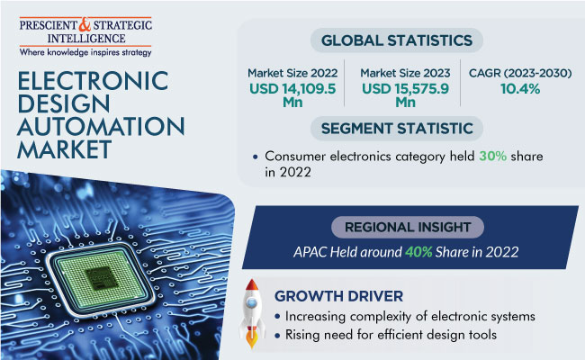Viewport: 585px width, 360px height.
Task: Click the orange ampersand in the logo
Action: pyautogui.click(x=85, y=24)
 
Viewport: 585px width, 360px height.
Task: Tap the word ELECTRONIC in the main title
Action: pyautogui.click(x=93, y=81)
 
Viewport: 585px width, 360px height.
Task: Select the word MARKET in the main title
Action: pyautogui.click(x=64, y=149)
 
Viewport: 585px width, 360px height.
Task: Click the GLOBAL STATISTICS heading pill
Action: pyautogui.click(x=397, y=40)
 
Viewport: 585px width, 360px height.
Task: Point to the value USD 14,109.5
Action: pyautogui.click(x=292, y=89)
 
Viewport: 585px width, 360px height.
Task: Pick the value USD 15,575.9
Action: pyautogui.click(x=405, y=89)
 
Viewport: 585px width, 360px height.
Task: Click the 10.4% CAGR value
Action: pyautogui.click(x=520, y=89)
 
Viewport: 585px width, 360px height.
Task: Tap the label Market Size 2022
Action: pyautogui.click(x=292, y=73)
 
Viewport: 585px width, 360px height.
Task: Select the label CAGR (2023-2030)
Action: pyautogui.click(x=520, y=73)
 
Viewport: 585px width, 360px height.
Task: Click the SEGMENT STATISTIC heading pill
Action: pyautogui.click(x=397, y=129)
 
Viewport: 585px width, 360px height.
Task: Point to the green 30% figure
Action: pyautogui.click(x=492, y=156)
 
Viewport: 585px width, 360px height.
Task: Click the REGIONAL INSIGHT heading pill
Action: pyautogui.click(x=408, y=227)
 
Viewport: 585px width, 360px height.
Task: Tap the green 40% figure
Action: pyautogui.click(x=418, y=252)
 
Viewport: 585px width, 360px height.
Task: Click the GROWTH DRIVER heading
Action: pyautogui.click(x=338, y=296)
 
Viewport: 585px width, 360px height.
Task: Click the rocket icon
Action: pyautogui.click(x=252, y=313)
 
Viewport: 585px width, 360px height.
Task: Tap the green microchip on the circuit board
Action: pyautogui.click(x=100, y=279)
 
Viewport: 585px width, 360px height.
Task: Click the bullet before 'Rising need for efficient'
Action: pyautogui.click(x=277, y=336)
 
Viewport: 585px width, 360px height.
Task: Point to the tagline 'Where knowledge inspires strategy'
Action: pyautogui.click(x=85, y=52)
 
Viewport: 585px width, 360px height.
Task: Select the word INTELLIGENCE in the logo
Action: pyautogui.click(x=86, y=39)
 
